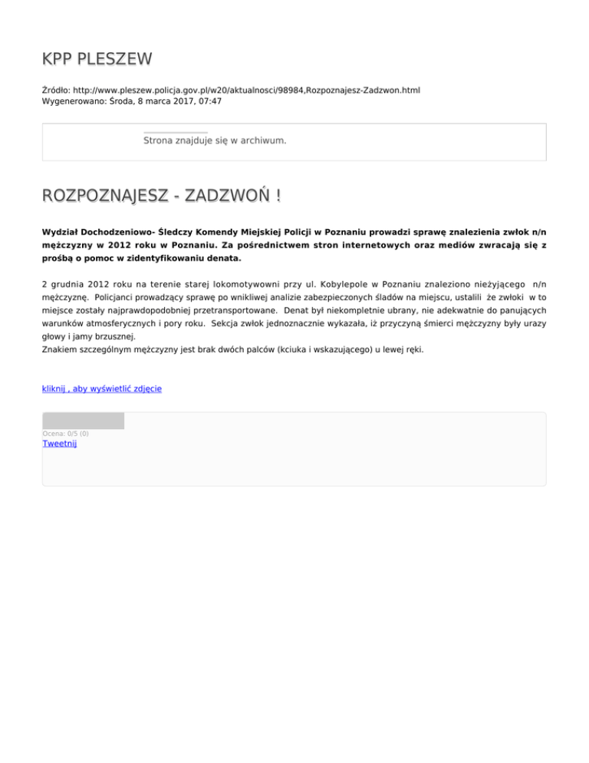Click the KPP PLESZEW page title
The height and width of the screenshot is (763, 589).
(97, 59)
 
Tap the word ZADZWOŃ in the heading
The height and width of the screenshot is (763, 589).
(226, 197)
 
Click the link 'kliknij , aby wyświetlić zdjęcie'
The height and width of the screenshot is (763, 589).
(101, 388)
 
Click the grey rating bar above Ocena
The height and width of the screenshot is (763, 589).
(83, 421)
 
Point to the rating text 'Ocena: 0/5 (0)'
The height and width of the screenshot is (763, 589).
(65, 434)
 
